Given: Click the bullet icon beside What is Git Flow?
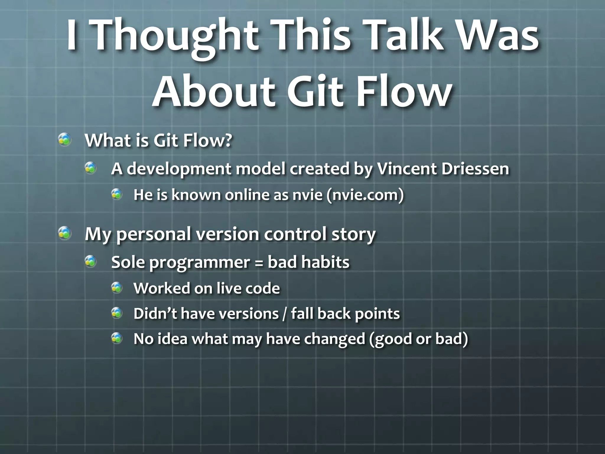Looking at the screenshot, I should tap(64, 140).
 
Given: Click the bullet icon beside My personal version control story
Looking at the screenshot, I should tap(64, 233).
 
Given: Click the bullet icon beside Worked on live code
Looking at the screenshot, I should tap(117, 288).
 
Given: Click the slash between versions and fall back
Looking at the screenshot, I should tap(284, 314).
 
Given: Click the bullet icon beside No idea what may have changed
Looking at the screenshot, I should tap(117, 338).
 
